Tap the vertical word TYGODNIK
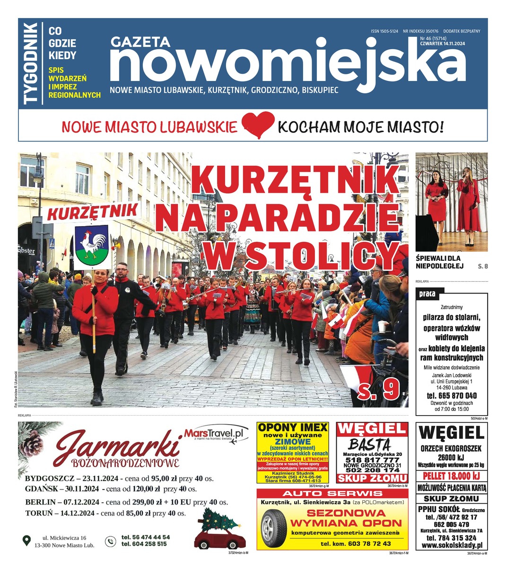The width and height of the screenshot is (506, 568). click(31, 63)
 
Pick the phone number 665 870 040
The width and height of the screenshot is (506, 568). click(452, 395)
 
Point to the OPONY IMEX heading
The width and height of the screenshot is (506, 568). click(293, 427)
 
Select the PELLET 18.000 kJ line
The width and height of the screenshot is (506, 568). click(451, 476)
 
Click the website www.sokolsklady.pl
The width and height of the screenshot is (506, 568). click(451, 546)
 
